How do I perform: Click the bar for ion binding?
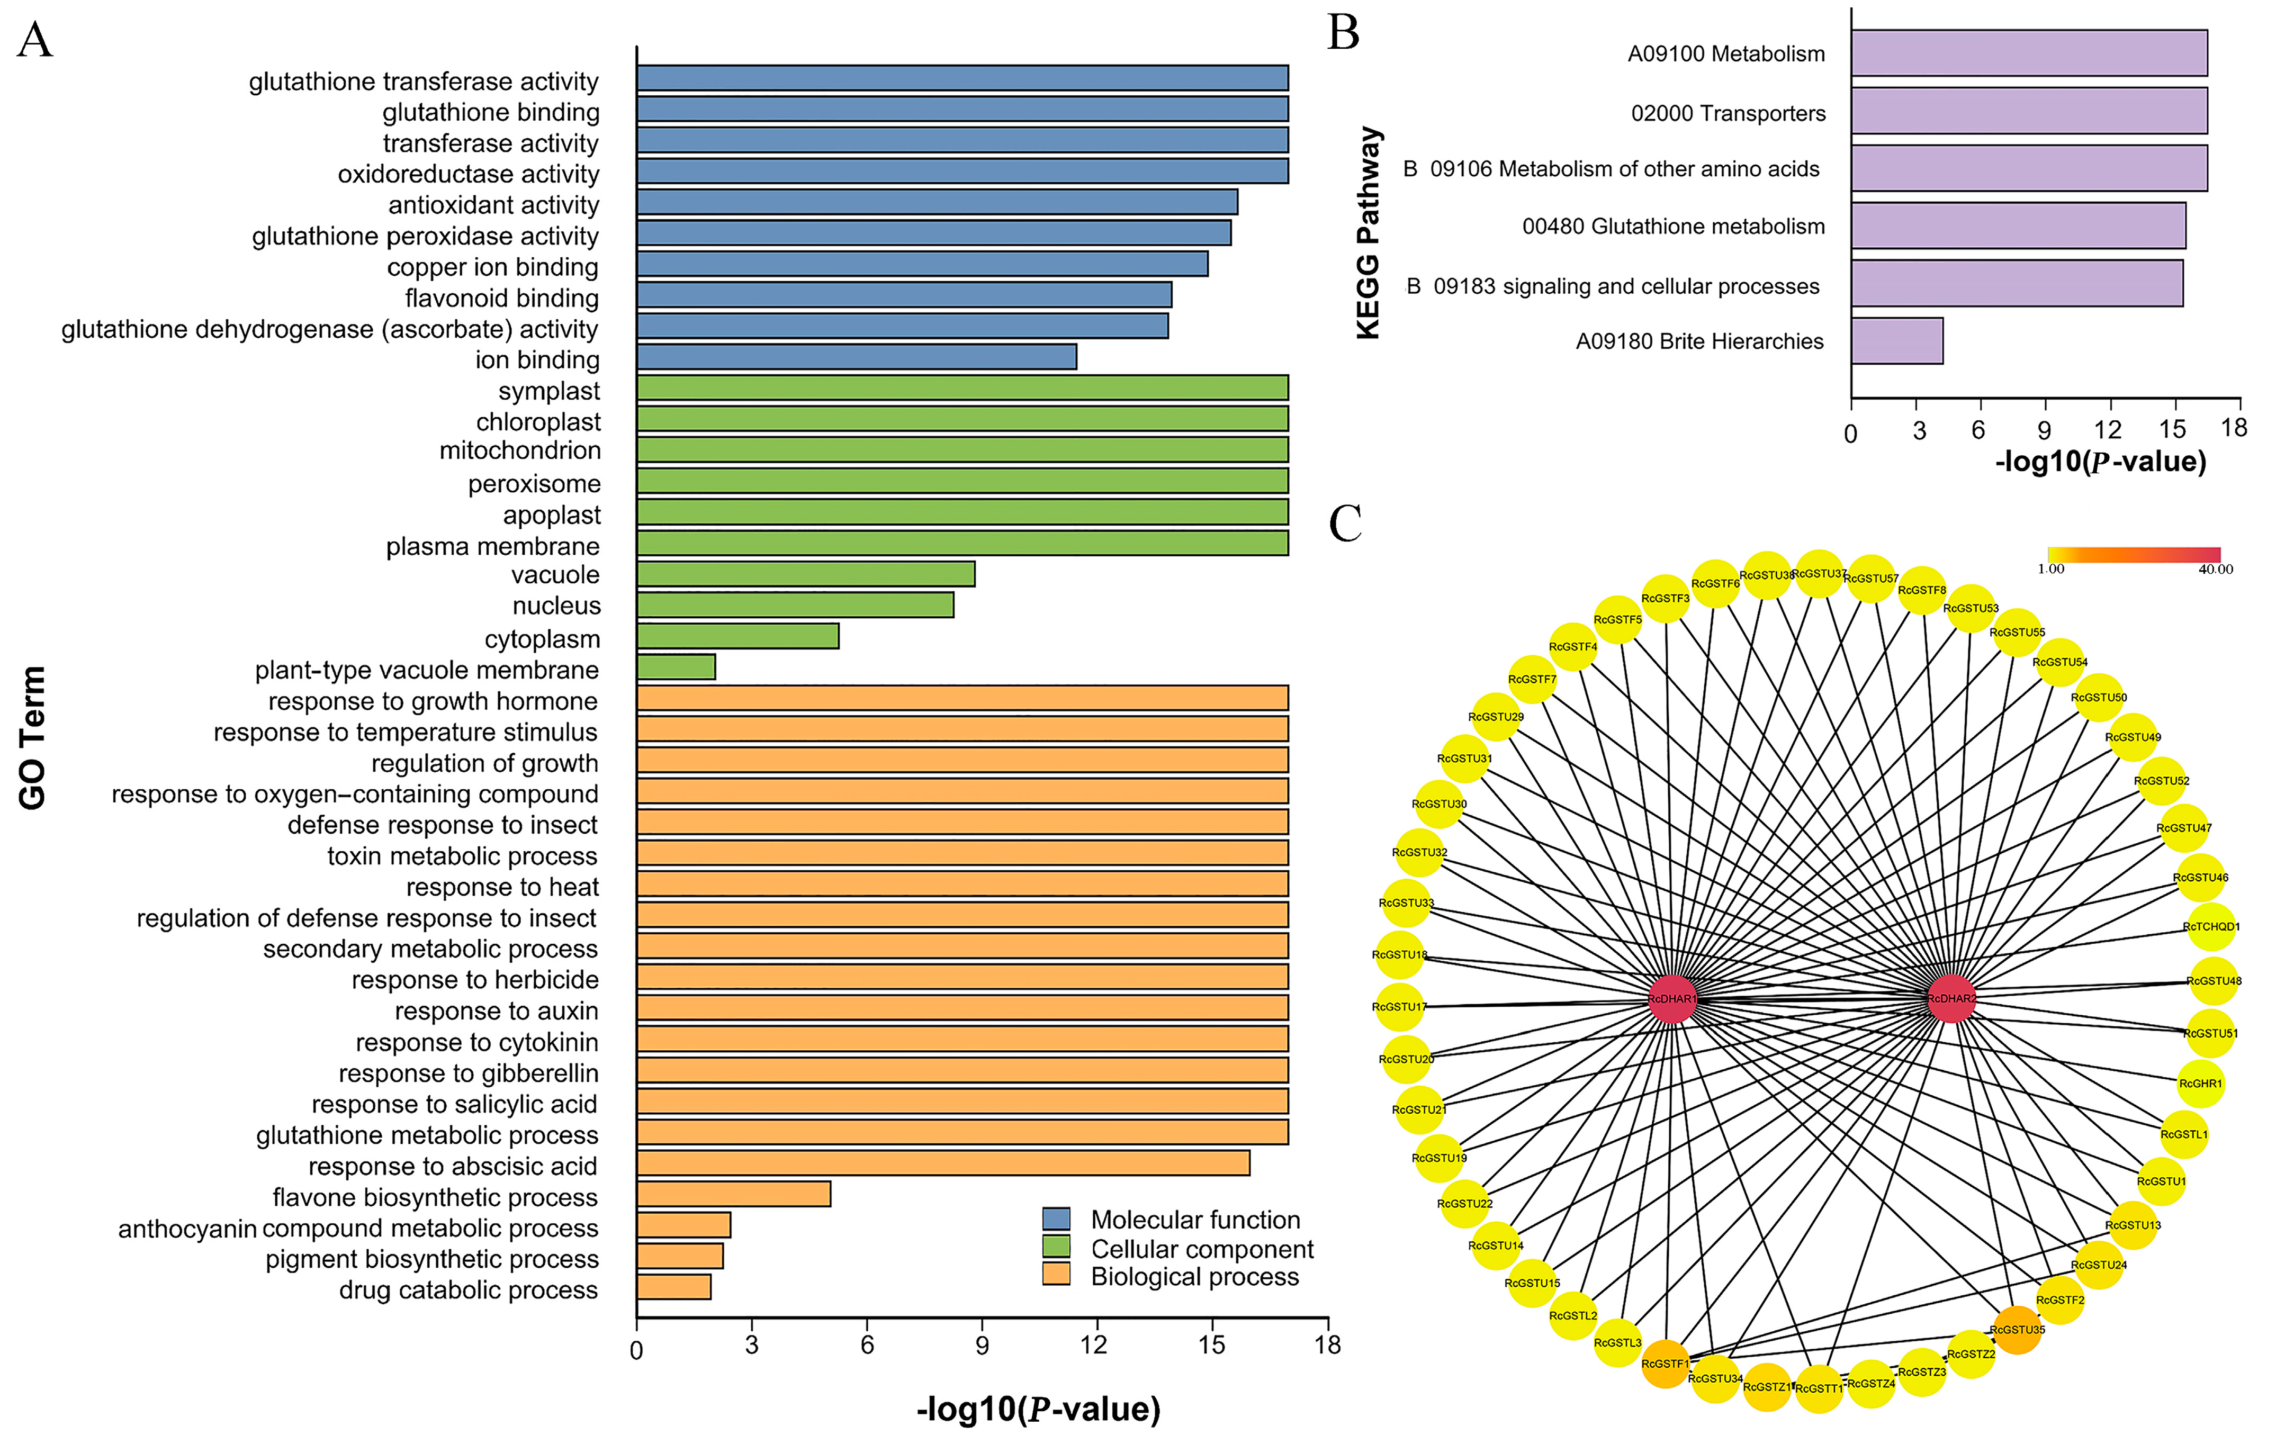[x=856, y=357]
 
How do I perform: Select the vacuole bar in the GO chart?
[x=805, y=574]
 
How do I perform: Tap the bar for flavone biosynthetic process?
[x=733, y=1195]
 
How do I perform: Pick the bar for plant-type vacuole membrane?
[x=676, y=667]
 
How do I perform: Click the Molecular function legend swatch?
[x=1056, y=1218]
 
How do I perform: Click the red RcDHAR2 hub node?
[x=1951, y=999]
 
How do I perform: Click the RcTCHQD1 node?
[x=2211, y=927]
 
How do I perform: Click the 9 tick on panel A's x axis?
[x=982, y=1346]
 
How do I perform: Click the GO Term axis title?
[x=32, y=738]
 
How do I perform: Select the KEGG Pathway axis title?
[x=1368, y=233]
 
